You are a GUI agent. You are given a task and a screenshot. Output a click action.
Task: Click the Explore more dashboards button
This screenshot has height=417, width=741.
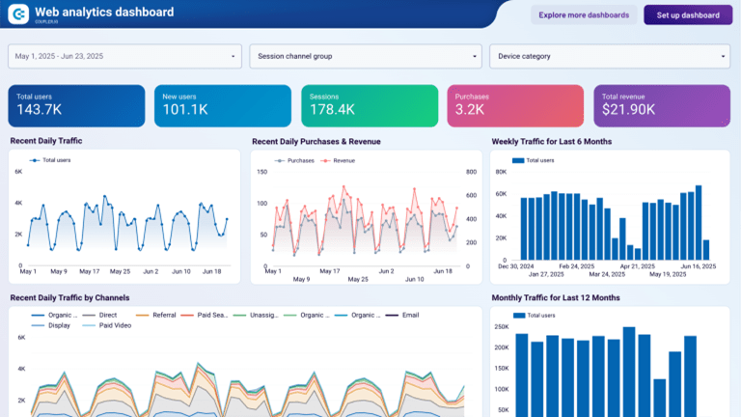coord(584,15)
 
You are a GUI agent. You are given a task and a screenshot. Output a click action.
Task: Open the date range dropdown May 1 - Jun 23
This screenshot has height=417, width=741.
coord(124,56)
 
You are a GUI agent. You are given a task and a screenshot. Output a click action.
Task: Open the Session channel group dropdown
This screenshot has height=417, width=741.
coord(365,56)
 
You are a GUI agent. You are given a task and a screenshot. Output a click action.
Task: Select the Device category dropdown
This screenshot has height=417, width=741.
coord(609,56)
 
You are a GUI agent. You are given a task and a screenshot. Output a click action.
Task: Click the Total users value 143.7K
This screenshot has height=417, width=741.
coord(40,110)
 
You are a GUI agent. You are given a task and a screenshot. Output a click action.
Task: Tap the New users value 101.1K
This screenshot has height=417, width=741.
coord(185,110)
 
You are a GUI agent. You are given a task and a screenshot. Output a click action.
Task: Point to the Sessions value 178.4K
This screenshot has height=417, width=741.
coord(332,110)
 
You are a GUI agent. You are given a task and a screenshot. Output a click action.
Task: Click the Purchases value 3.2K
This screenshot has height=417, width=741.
coord(470,110)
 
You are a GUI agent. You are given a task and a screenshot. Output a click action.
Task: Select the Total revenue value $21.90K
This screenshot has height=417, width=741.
coord(629,110)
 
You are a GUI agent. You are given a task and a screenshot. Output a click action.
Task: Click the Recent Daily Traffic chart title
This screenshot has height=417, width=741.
coord(46,141)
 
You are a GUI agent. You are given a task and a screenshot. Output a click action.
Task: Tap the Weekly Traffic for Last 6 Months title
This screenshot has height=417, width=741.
coord(551,141)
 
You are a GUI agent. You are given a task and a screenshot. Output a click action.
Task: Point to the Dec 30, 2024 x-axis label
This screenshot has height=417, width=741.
coord(515,265)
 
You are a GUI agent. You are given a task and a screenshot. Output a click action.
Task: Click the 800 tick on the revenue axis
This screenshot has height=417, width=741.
coord(472,172)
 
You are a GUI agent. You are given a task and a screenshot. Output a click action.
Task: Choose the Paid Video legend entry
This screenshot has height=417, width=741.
coord(113,325)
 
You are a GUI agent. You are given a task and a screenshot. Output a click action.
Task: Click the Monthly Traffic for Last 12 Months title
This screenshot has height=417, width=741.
coord(555,297)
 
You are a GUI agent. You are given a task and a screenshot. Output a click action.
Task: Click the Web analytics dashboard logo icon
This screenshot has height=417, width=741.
coord(18,14)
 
